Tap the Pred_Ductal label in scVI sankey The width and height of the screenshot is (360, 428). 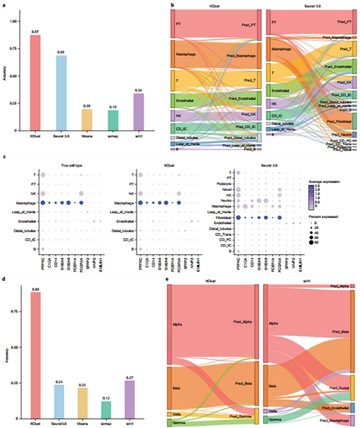point(341,388)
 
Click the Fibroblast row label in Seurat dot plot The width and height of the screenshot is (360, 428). point(227,218)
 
